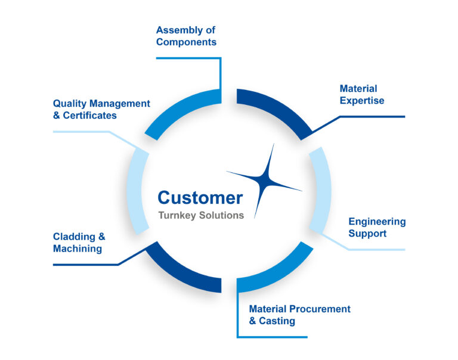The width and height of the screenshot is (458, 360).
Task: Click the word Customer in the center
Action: tap(200, 198)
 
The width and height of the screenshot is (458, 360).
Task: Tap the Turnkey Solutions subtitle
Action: tap(201, 215)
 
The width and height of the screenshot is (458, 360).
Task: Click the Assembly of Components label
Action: tap(186, 36)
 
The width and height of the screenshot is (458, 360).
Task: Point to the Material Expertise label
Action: tap(361, 95)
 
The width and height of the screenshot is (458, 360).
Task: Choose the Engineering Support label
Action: tap(377, 227)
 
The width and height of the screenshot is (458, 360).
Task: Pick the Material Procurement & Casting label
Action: tap(299, 315)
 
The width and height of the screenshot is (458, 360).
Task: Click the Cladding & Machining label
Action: tap(80, 242)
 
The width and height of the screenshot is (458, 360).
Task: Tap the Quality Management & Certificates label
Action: tap(101, 109)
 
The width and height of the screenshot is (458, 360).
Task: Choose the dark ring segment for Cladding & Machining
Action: tap(182, 271)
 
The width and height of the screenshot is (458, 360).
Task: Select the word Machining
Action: tap(78, 248)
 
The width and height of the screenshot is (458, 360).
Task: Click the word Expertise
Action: tap(362, 101)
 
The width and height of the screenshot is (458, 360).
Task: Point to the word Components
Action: tap(186, 42)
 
